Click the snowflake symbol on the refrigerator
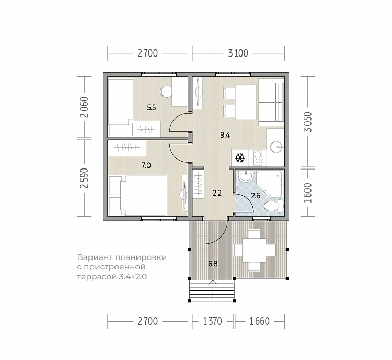[240, 158]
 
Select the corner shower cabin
[270, 183]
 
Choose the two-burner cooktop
[258, 157]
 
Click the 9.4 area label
[225, 136]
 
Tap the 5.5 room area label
[152, 108]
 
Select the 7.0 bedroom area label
[146, 165]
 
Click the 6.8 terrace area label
[213, 264]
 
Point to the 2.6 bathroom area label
[256, 196]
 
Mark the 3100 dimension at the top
[238, 53]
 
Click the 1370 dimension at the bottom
[212, 321]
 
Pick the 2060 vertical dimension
[85, 107]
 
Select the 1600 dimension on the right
[308, 193]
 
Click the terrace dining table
[254, 250]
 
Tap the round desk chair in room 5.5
[166, 92]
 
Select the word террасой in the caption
[97, 277]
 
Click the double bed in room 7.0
[138, 195]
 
